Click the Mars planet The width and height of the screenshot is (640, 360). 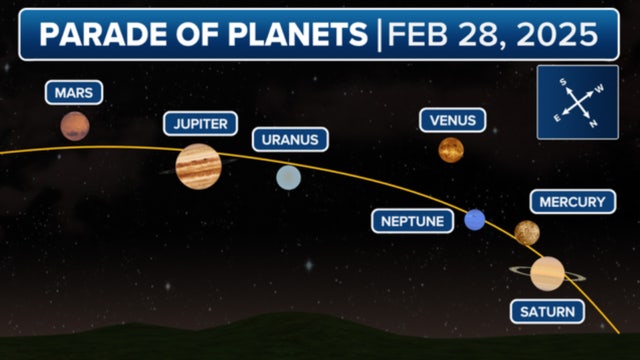(x=74, y=126)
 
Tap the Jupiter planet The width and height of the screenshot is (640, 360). (x=197, y=165)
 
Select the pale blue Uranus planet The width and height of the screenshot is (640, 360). (x=289, y=177)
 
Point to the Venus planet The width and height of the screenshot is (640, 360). (x=451, y=150)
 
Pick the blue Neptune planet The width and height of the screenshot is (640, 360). (x=475, y=220)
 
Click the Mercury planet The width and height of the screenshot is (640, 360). (x=527, y=233)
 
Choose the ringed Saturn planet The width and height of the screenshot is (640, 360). (x=548, y=272)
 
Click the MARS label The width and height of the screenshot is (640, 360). (x=74, y=93)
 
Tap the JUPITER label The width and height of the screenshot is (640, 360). (x=200, y=124)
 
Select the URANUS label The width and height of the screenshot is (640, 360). (x=290, y=140)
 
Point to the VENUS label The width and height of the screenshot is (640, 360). (x=452, y=120)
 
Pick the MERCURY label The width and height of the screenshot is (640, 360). (x=572, y=202)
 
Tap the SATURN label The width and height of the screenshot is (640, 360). (x=548, y=312)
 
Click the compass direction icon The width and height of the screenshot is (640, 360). (x=576, y=102)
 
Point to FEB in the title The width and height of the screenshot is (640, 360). (x=418, y=35)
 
